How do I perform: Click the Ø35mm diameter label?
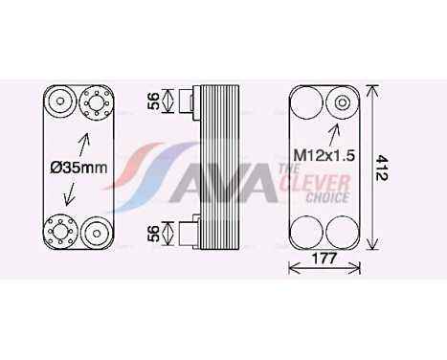78,168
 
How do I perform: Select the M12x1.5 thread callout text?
324,156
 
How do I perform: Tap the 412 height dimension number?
381,168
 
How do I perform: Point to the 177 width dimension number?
324,259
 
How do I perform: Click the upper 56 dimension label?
154,101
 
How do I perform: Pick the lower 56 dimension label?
154,234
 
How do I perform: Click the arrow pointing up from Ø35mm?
82,145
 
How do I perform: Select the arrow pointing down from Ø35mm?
70,194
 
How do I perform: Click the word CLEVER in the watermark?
315,183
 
